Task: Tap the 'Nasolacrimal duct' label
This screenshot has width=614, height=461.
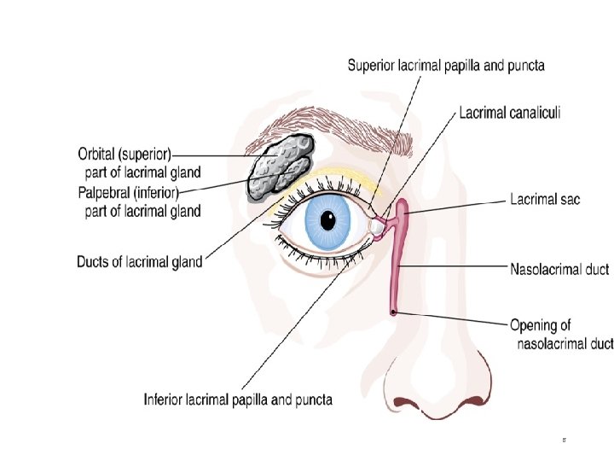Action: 559,270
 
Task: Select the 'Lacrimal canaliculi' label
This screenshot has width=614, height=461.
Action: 510,112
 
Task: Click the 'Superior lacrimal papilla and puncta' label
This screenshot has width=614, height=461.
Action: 446,64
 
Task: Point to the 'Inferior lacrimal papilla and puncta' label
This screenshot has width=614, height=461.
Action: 238,399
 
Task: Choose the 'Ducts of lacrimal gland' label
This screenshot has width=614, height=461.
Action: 140,261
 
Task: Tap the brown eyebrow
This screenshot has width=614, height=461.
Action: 358,136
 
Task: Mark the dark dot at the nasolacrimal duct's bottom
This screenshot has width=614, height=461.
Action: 393,312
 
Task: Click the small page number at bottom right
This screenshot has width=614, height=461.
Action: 564,441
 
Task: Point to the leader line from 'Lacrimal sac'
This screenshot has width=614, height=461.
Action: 460,205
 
